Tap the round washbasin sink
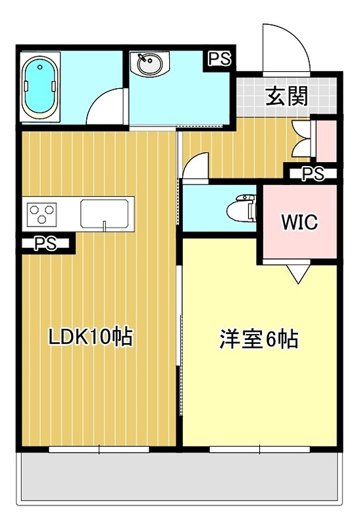[x=148, y=65]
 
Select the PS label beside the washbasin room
[x=220, y=59]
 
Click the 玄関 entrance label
[x=287, y=97]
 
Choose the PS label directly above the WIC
[x=313, y=174]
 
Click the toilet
[x=240, y=208]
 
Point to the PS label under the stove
[x=45, y=244]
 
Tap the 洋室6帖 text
[x=259, y=339]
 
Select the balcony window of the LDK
[x=99, y=450]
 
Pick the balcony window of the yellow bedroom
[x=260, y=450]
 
